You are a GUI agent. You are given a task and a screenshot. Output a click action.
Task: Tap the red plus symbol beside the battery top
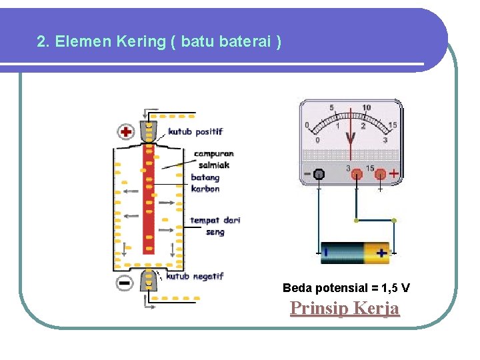coord(125,131)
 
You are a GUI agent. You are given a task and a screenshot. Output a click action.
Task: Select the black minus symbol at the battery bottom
coord(125,283)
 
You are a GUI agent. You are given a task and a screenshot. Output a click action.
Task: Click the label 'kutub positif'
coord(195,131)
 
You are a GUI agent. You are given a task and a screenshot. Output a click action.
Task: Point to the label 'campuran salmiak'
coord(213,159)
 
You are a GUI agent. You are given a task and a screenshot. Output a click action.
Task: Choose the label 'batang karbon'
coord(205,183)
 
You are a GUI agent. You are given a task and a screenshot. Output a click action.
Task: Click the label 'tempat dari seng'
coord(215,226)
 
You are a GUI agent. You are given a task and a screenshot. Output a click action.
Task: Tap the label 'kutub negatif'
coord(194,276)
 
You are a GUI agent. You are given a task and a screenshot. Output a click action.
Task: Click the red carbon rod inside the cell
coord(149,200)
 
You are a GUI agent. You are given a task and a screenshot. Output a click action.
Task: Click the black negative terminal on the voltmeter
coord(319,175)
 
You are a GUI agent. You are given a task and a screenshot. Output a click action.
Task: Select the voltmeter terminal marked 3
coord(357,175)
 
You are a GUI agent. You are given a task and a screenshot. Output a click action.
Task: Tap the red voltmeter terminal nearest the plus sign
coord(381,175)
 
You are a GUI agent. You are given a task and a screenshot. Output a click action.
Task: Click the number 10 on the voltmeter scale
coord(367,108)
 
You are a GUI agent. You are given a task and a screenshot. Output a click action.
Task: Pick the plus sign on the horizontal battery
coord(381,253)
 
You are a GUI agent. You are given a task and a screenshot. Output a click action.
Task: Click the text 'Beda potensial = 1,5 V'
coord(346,288)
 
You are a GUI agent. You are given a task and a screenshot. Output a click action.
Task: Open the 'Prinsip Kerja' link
coord(345,309)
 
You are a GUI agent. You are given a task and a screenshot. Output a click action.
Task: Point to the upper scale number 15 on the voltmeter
coord(393,125)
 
